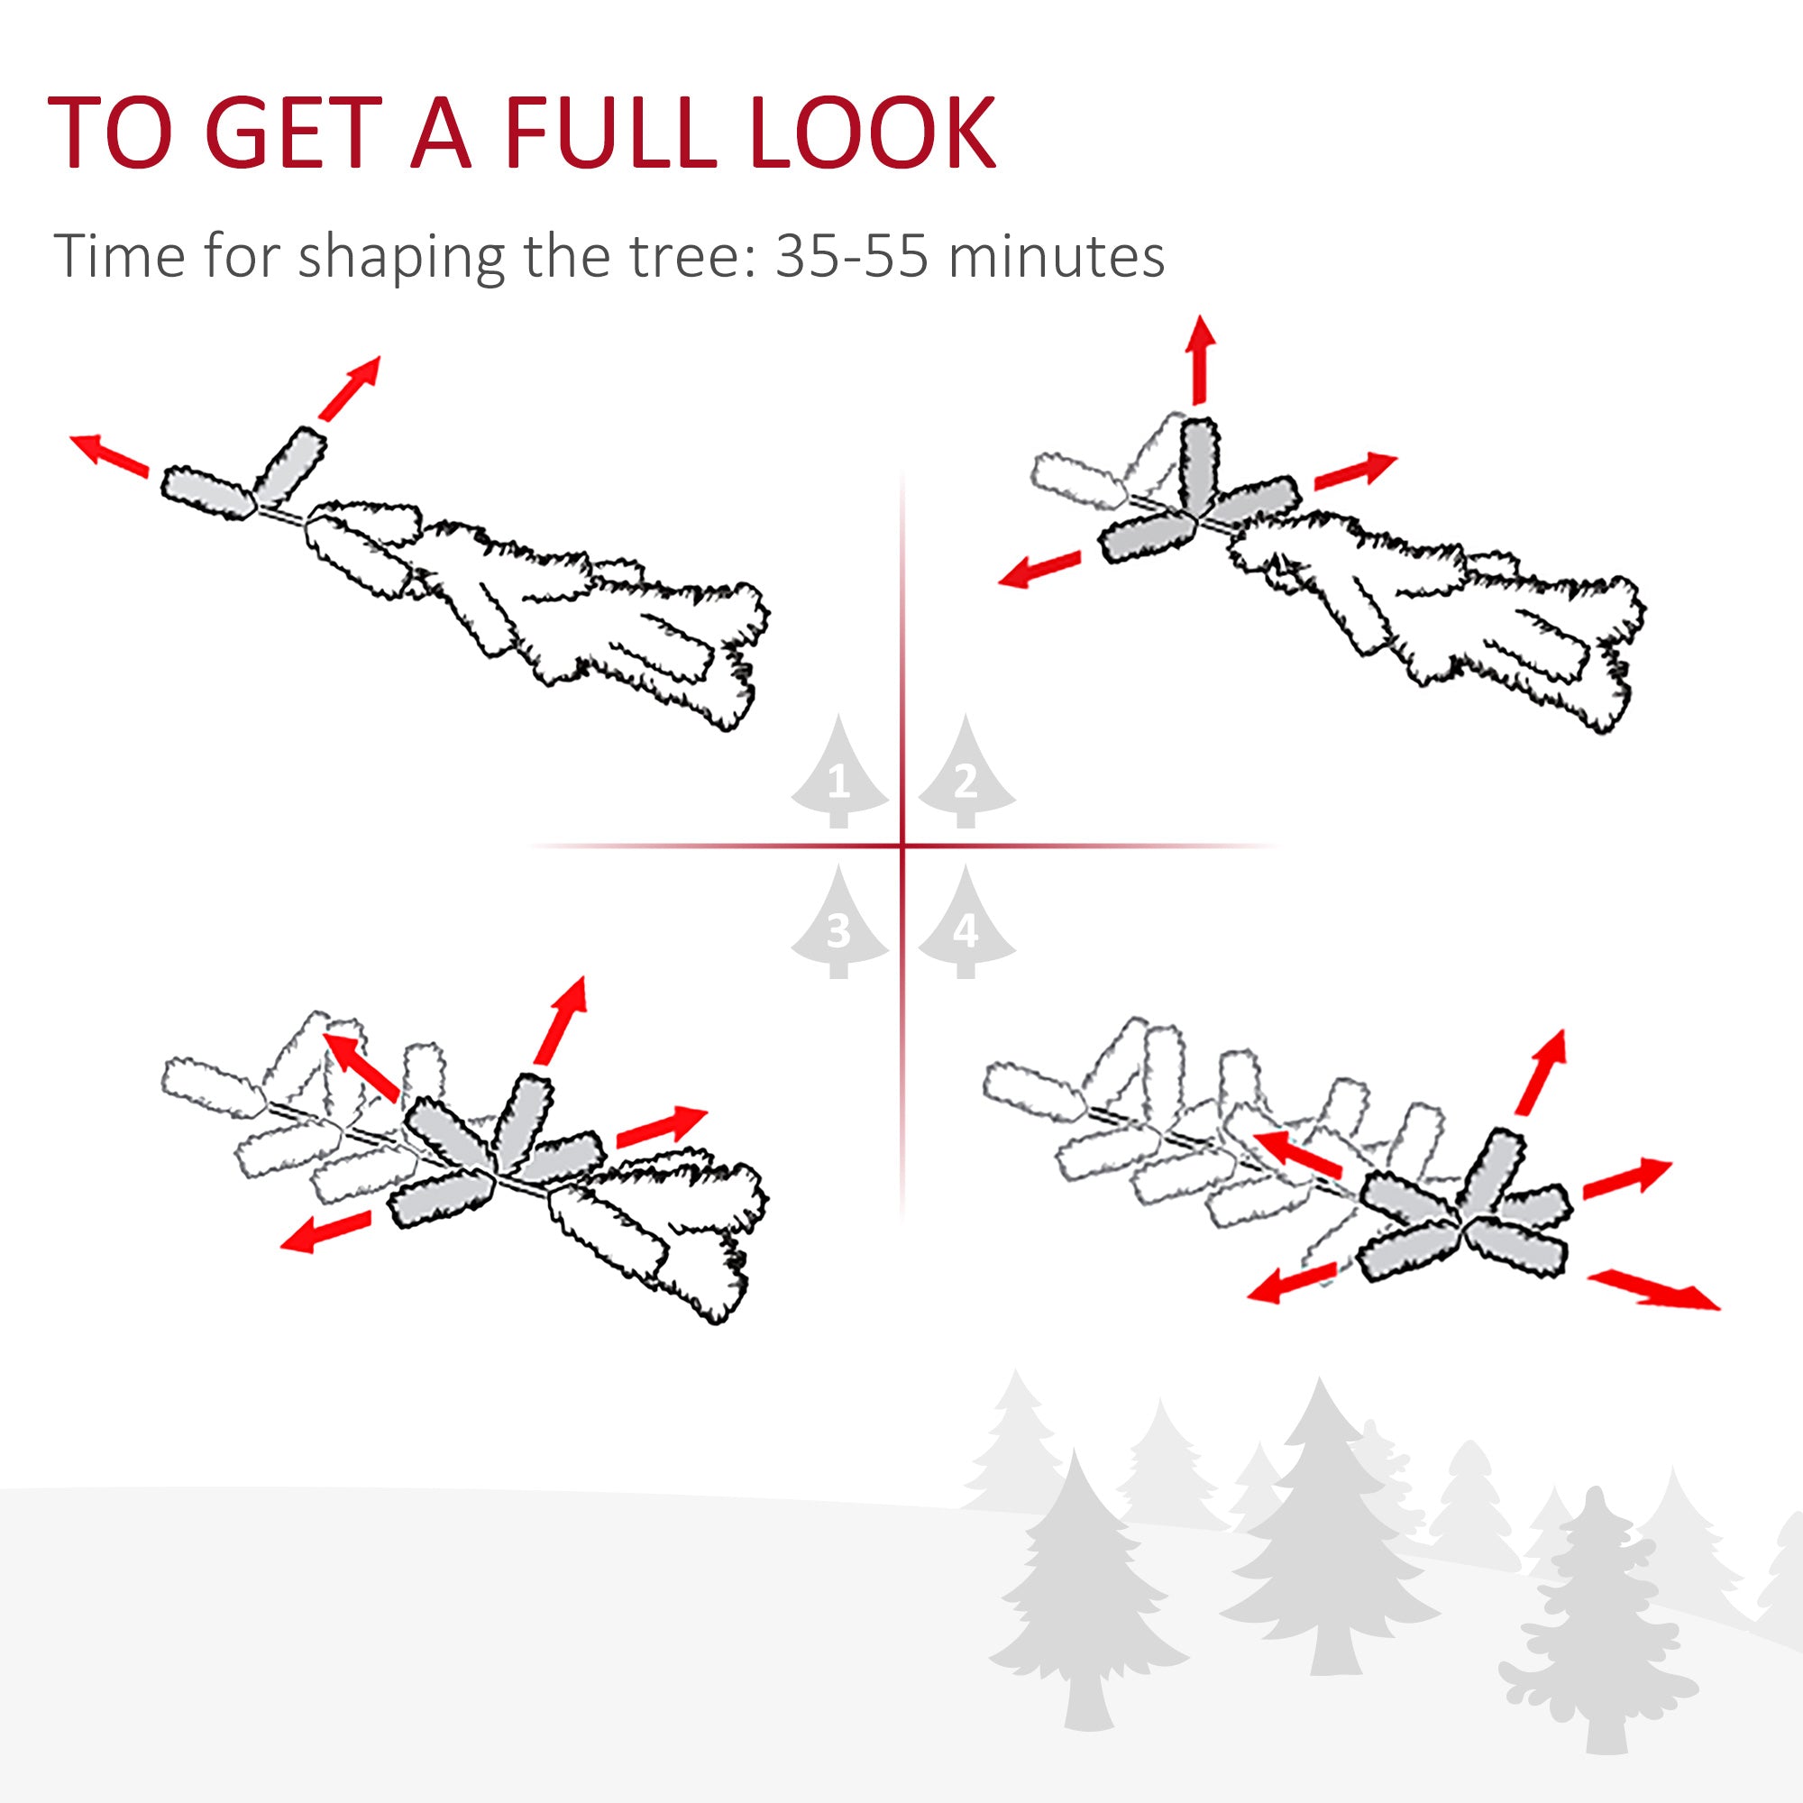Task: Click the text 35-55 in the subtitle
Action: (x=851, y=255)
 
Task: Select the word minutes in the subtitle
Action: (x=1056, y=255)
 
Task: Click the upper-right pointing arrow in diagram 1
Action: (x=350, y=387)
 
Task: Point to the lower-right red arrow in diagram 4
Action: (x=1652, y=1290)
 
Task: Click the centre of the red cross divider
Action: (x=902, y=847)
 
